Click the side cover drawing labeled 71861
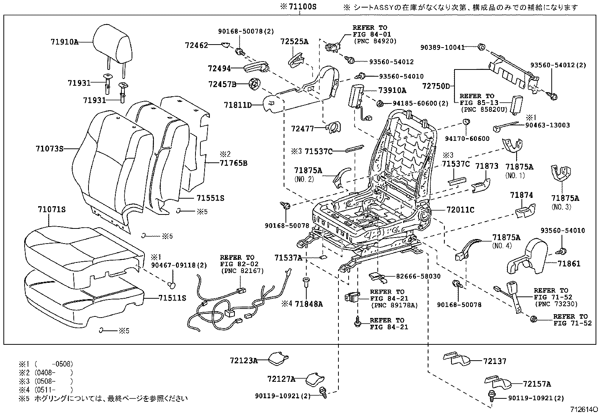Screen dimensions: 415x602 point(529,257)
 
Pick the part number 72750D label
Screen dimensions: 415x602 point(436,86)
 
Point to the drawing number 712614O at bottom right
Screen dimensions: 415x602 point(584,409)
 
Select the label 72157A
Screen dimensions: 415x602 point(537,384)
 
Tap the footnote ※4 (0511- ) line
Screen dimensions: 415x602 point(45,390)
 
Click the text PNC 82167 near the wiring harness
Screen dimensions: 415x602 point(242,271)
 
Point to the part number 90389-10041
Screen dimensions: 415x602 point(442,48)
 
